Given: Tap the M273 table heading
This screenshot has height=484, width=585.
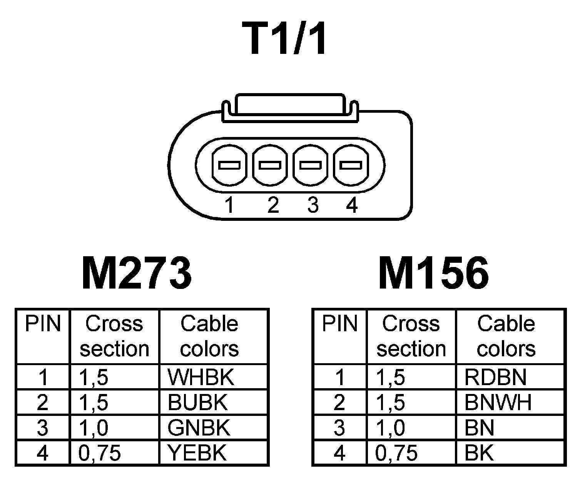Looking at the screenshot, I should tap(137, 274).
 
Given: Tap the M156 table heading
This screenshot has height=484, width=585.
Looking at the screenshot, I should tap(433, 274).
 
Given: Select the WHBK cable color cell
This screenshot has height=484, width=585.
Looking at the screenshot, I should tap(201, 377).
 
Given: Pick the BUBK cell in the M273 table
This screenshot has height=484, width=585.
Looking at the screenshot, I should tap(198, 403).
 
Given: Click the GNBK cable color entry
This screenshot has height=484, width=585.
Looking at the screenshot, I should tap(199, 428).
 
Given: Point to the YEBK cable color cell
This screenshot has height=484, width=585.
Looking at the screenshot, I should tap(197, 453).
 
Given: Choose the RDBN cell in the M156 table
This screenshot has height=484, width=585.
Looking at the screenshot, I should tap(495, 377).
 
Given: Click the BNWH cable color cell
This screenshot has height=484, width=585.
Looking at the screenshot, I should tap(498, 403).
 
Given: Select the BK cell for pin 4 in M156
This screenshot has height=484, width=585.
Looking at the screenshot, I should tap(479, 453).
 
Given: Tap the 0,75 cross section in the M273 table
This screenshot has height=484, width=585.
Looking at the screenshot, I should tap(100, 453).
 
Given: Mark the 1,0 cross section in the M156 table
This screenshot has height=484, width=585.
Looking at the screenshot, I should tap(390, 428).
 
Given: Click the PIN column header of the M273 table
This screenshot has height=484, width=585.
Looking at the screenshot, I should tap(43, 324).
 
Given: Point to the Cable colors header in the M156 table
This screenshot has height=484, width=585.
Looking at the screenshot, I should tap(506, 336).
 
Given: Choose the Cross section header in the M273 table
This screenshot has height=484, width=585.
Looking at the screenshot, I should tap(114, 336).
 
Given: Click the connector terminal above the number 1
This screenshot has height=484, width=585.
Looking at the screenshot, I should tap(229, 165).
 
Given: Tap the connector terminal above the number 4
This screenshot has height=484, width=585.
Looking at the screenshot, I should tap(350, 165).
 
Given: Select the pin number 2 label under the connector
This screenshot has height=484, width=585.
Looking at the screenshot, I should tap(272, 205).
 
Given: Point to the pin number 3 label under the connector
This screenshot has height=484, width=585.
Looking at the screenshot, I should tap(313, 205).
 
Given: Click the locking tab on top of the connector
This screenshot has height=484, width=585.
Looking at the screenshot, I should tap(289, 105).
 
